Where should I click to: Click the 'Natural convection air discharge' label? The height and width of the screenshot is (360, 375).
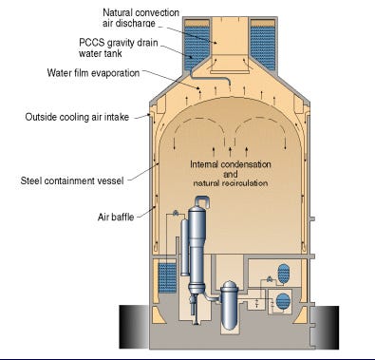(x=141, y=18)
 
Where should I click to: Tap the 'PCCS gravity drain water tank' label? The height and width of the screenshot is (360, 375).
(x=119, y=47)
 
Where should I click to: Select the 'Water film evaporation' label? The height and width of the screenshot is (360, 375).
(x=93, y=73)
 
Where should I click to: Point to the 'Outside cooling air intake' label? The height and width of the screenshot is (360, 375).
(x=77, y=117)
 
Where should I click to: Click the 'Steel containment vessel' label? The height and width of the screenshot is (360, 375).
(x=72, y=180)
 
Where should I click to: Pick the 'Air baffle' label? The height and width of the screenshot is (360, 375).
(x=116, y=218)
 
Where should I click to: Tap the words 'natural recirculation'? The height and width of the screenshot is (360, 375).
(x=231, y=183)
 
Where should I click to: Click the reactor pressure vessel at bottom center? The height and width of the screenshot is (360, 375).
(x=230, y=306)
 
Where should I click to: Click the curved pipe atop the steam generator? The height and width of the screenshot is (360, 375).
(x=202, y=200)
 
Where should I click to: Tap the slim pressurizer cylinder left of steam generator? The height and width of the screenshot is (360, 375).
(x=185, y=247)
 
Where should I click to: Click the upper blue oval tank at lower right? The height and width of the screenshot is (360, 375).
(x=283, y=273)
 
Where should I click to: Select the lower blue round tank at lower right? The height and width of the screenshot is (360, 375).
(x=283, y=301)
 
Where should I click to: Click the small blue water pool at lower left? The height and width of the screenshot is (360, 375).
(x=167, y=277)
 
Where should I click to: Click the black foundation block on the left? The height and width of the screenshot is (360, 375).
(x=134, y=327)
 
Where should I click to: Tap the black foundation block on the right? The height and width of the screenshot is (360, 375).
(x=325, y=328)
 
